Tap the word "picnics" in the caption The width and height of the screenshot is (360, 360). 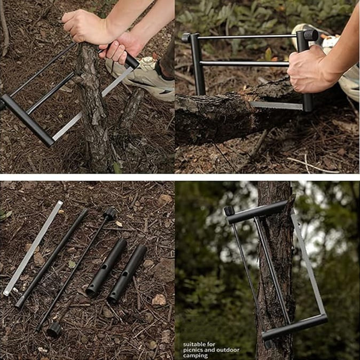[x=193, y=350]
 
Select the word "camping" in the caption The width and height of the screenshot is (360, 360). [x=195, y=356]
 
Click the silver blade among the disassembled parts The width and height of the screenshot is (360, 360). [x=33, y=248]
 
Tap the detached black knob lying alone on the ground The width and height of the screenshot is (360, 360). [x=54, y=330]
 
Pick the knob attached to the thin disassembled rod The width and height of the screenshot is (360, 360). [x=109, y=214]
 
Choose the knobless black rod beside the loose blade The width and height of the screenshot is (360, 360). [x=52, y=258]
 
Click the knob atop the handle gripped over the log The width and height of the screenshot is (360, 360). [x=311, y=35]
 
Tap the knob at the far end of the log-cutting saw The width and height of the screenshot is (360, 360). [x=186, y=37]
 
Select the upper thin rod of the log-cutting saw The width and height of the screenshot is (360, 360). [x=247, y=36]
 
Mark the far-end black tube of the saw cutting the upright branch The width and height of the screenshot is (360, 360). [x=28, y=120]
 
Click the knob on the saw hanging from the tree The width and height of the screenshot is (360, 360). [x=229, y=211]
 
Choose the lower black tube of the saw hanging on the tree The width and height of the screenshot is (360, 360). [x=294, y=327]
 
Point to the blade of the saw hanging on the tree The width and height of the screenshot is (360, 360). [x=308, y=262]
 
